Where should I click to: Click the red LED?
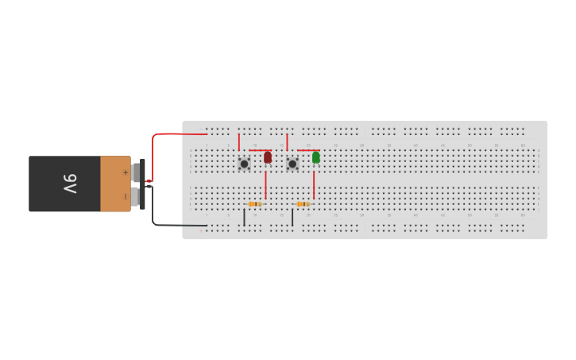pos(268,157)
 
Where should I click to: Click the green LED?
pos(316,157)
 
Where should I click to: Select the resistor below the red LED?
pos(255,204)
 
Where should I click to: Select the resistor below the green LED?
pos(303,204)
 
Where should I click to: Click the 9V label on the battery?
pos(70,184)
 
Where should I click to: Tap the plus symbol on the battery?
pos(125,172)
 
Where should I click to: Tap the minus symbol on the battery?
pos(125,195)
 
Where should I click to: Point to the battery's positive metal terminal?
pos(136,172)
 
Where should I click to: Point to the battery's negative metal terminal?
pos(136,195)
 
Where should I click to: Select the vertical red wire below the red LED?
pos(266,184)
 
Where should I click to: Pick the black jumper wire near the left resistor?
pos(244,217)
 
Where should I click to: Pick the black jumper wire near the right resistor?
pos(292,217)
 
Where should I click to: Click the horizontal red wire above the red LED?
pos(258,150)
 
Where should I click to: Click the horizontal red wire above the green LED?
pos(307,150)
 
